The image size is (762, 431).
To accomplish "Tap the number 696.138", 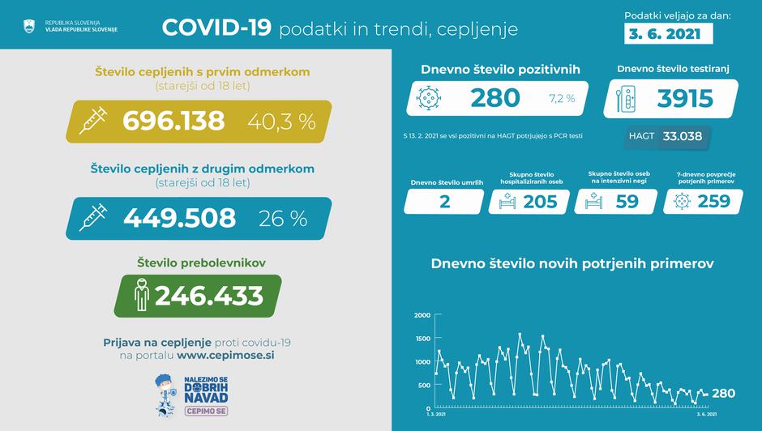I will (173, 121).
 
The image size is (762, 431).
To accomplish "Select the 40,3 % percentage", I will (282, 122).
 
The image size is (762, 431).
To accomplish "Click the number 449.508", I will (179, 218).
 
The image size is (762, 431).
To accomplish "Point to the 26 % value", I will (282, 218).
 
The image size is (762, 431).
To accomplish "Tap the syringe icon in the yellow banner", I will (95, 122).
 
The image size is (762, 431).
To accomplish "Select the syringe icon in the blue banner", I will (95, 218).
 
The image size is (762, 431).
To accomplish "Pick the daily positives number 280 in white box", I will (494, 98).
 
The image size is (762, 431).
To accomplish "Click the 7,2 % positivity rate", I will (561, 99).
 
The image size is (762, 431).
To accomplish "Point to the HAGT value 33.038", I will (682, 137).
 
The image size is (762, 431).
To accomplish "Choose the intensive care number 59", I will (627, 203).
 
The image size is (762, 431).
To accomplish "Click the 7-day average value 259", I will (713, 203).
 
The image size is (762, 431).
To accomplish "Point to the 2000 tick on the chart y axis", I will (422, 315).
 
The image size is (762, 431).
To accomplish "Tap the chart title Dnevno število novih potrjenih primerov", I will (572, 263).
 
